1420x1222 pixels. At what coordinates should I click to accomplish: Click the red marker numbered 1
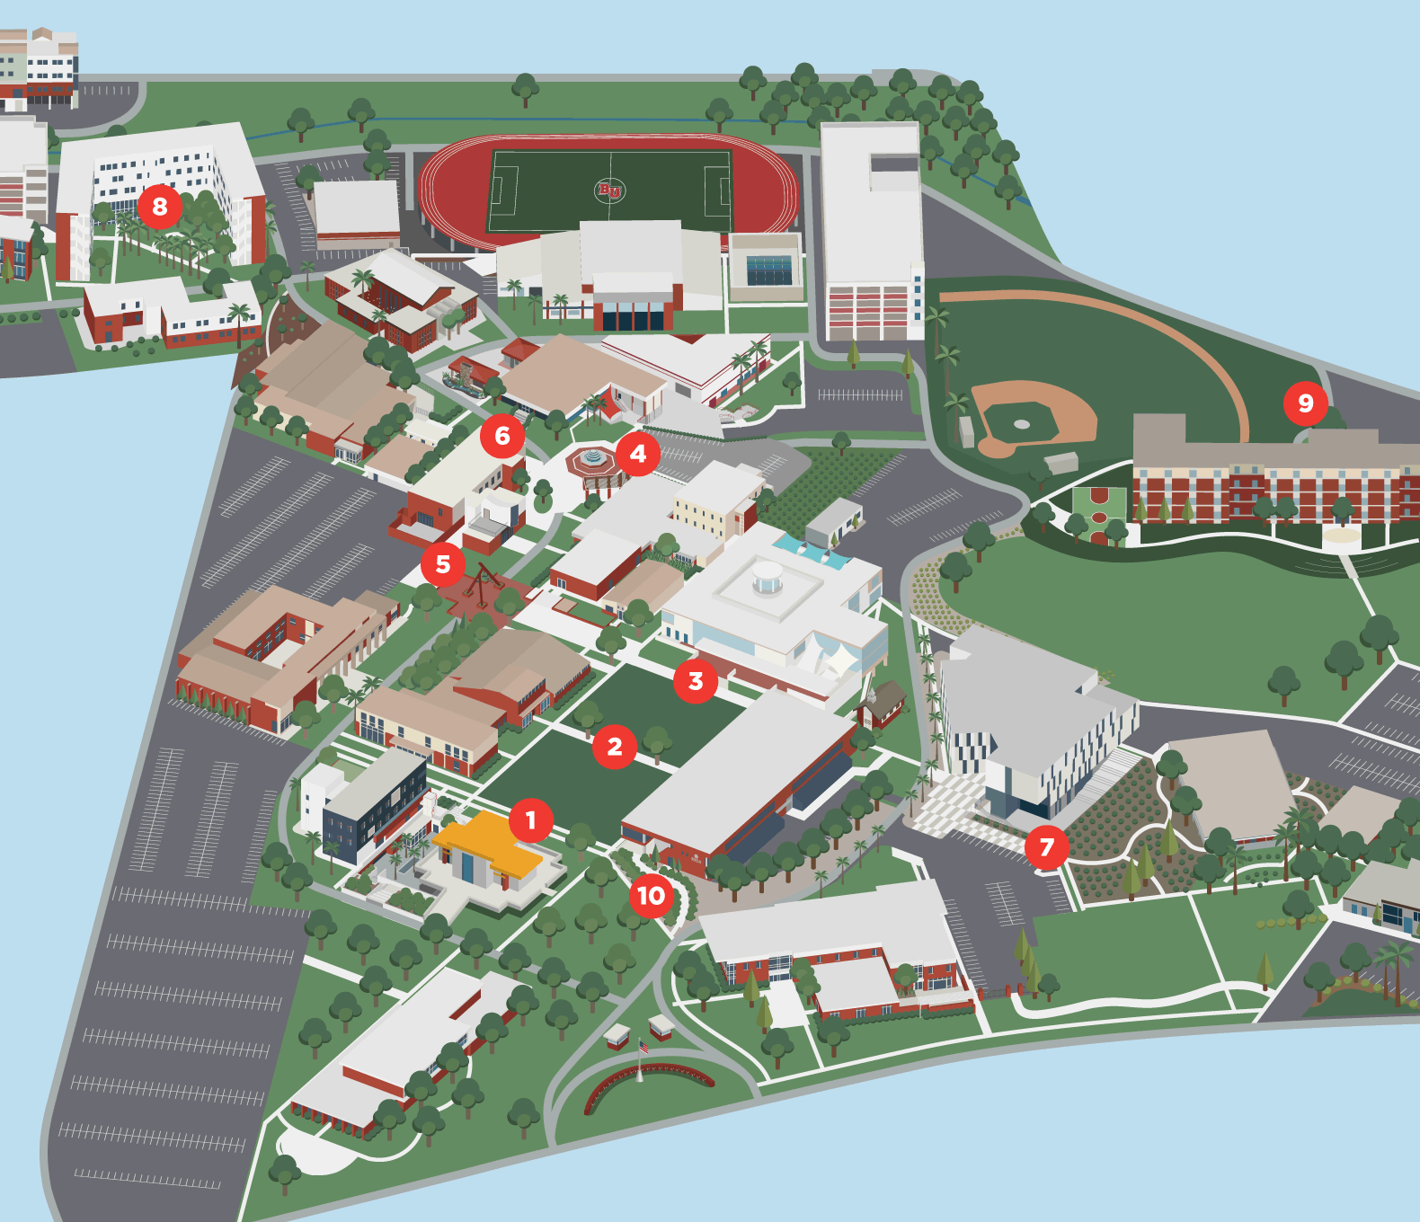pyautogui.click(x=530, y=820)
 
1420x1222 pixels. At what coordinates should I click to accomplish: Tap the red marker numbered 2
pyautogui.click(x=615, y=747)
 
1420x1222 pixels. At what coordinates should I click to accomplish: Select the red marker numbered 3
pyautogui.click(x=696, y=681)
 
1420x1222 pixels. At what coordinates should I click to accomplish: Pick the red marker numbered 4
pyautogui.click(x=638, y=454)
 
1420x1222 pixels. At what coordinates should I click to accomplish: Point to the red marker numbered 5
pyautogui.click(x=443, y=564)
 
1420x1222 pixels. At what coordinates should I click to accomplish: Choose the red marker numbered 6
pyautogui.click(x=502, y=436)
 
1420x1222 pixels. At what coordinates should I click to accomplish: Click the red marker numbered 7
pyautogui.click(x=1046, y=847)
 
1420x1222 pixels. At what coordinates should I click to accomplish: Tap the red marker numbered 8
pyautogui.click(x=160, y=207)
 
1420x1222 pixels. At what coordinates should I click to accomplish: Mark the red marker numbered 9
pyautogui.click(x=1306, y=403)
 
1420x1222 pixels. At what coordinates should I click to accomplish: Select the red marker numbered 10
pyautogui.click(x=652, y=896)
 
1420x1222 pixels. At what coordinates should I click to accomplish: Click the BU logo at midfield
pyautogui.click(x=609, y=190)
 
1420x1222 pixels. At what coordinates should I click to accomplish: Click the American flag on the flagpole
pyautogui.click(x=643, y=1048)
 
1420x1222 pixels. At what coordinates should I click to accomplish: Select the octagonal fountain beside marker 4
pyautogui.click(x=591, y=460)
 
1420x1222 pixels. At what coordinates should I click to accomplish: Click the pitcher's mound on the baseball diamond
pyautogui.click(x=1021, y=423)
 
